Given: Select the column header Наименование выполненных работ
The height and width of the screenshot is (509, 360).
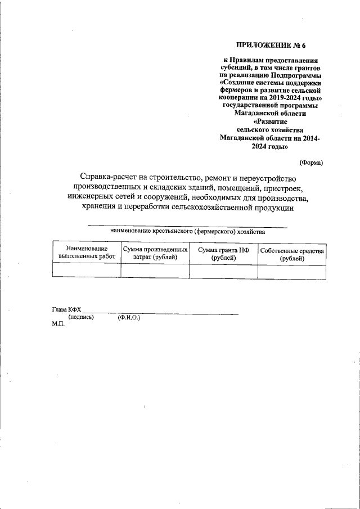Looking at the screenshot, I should [87, 253].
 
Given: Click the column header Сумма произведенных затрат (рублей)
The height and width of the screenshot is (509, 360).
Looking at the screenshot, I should [155, 253].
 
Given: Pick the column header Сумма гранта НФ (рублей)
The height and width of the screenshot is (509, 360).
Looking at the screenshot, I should [223, 253].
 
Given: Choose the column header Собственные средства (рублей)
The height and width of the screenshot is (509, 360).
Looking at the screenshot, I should [292, 253].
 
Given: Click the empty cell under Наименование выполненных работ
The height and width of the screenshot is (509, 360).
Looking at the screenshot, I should [87, 271].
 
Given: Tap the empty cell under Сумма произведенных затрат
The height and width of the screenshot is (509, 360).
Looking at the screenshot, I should [155, 271].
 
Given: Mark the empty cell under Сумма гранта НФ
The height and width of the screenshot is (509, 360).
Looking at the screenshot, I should [223, 271].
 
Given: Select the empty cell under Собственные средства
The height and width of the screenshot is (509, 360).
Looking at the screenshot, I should [292, 271].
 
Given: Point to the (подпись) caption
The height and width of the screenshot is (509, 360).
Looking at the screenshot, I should [81, 317].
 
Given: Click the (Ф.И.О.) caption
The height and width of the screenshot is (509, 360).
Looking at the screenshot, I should [129, 317].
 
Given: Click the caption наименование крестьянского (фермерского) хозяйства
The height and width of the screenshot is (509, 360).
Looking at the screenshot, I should [187, 231].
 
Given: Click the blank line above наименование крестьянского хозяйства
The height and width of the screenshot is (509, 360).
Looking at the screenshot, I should [187, 226].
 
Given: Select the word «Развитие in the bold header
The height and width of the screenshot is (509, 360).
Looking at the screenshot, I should [271, 121].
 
